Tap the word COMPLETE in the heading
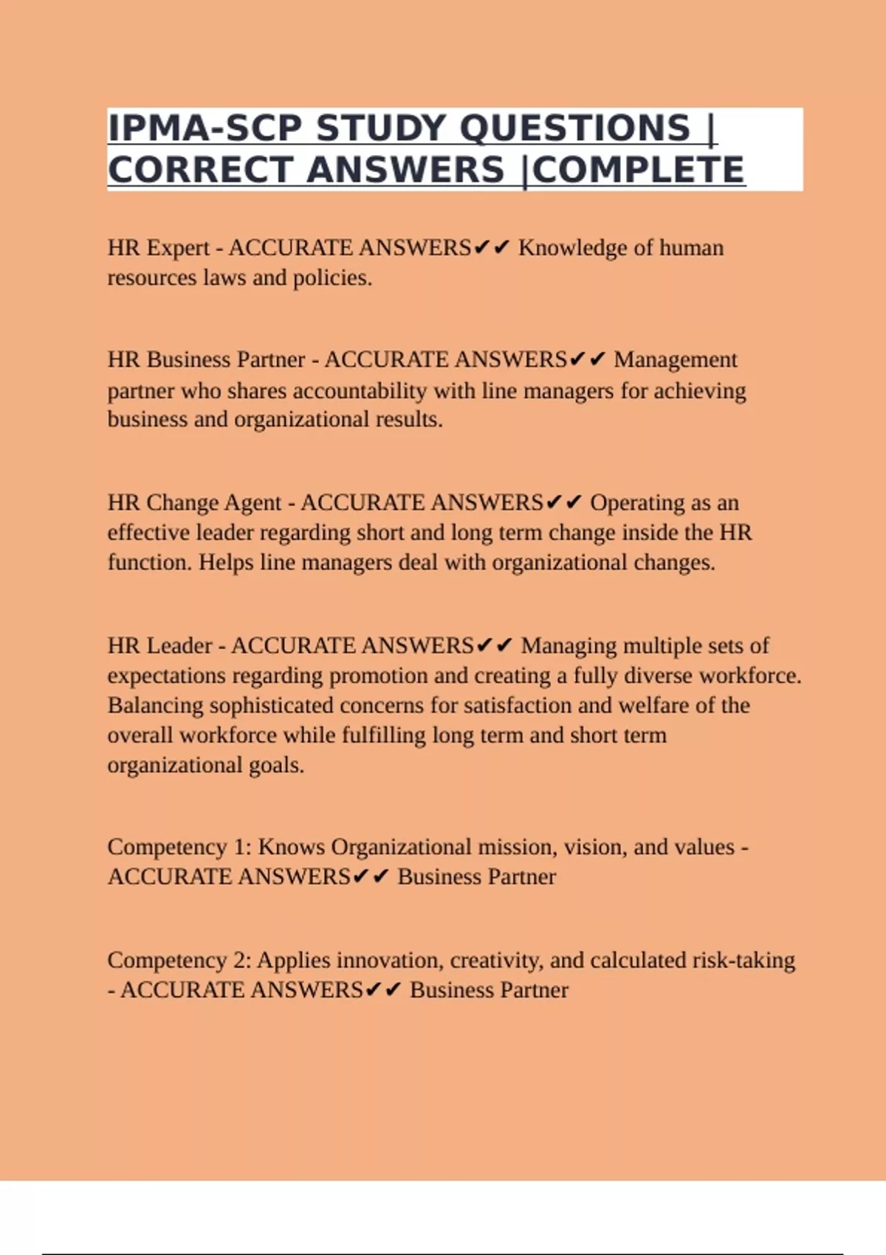pyautogui.click(x=638, y=171)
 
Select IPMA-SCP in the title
pyautogui.click(x=205, y=128)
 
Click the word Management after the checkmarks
pyautogui.click(x=675, y=360)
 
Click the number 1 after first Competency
pyautogui.click(x=241, y=847)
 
